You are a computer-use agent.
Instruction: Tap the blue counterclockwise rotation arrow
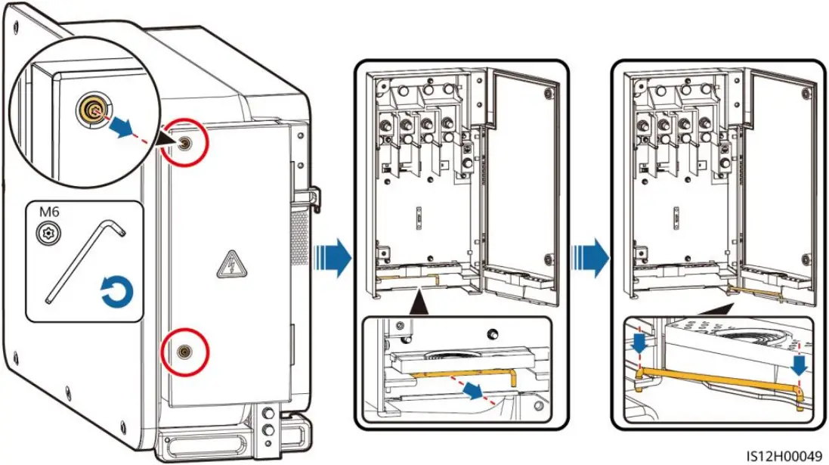click(x=117, y=290)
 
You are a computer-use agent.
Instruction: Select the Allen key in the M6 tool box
click(x=83, y=261)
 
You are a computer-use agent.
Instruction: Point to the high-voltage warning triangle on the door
click(x=227, y=265)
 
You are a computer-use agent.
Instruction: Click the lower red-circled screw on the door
click(x=183, y=351)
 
